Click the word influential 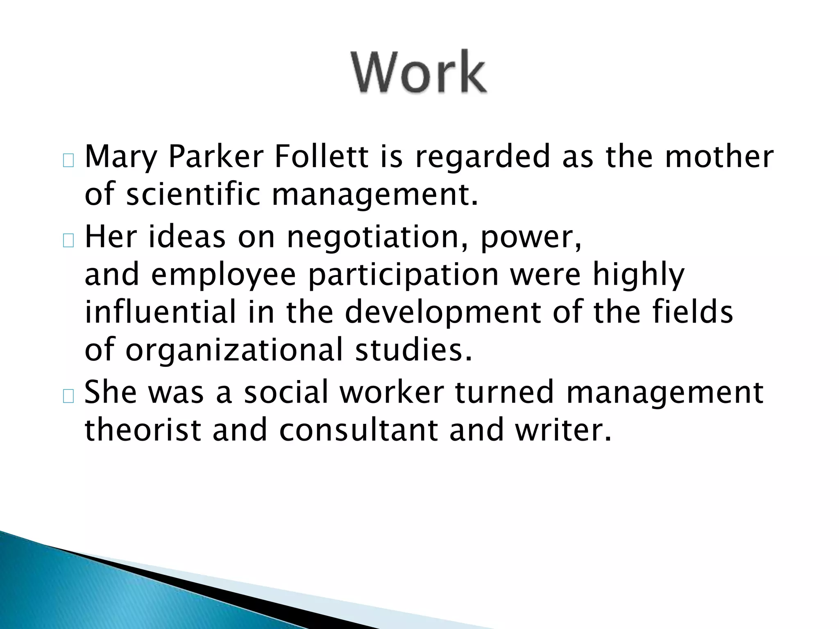[x=161, y=312]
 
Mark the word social [x=286, y=392]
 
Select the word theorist [x=143, y=430]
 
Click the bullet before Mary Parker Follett [x=68, y=161]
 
